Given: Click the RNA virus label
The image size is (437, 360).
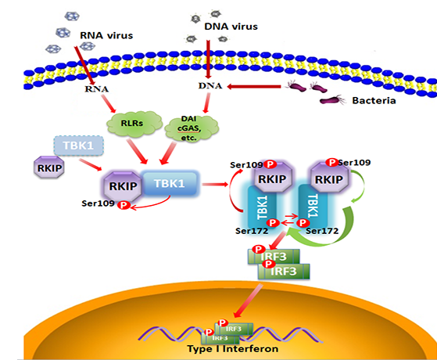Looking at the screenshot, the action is (x=106, y=35).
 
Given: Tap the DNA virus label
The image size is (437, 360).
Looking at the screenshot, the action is (x=231, y=27).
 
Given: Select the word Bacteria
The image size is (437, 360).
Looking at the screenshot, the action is (x=374, y=100).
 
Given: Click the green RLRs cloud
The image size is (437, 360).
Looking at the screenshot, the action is (x=134, y=124).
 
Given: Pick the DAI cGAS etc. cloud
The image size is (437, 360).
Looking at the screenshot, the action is (x=192, y=128).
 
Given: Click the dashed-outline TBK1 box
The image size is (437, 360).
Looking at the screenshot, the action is (x=79, y=146).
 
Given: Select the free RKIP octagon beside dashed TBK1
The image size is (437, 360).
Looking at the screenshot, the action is (x=49, y=167).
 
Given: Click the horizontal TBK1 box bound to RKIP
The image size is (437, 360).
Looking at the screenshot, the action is (x=170, y=183).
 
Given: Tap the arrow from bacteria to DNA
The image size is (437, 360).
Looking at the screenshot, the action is (x=254, y=87).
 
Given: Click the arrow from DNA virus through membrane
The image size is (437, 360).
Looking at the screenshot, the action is (x=208, y=59).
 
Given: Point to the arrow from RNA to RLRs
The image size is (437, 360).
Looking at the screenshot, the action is (x=108, y=103).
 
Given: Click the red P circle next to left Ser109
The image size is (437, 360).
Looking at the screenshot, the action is (x=124, y=205).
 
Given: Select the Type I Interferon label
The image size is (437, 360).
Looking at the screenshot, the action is (x=233, y=348).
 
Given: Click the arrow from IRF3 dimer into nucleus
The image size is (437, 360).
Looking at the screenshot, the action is (x=248, y=301).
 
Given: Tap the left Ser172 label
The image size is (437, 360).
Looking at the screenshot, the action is (x=252, y=231).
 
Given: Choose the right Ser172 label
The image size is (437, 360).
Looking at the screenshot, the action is (x=322, y=231).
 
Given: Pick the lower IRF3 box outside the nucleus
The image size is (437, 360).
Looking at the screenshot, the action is (x=284, y=272).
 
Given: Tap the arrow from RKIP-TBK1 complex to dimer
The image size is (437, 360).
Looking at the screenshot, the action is (x=215, y=184).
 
